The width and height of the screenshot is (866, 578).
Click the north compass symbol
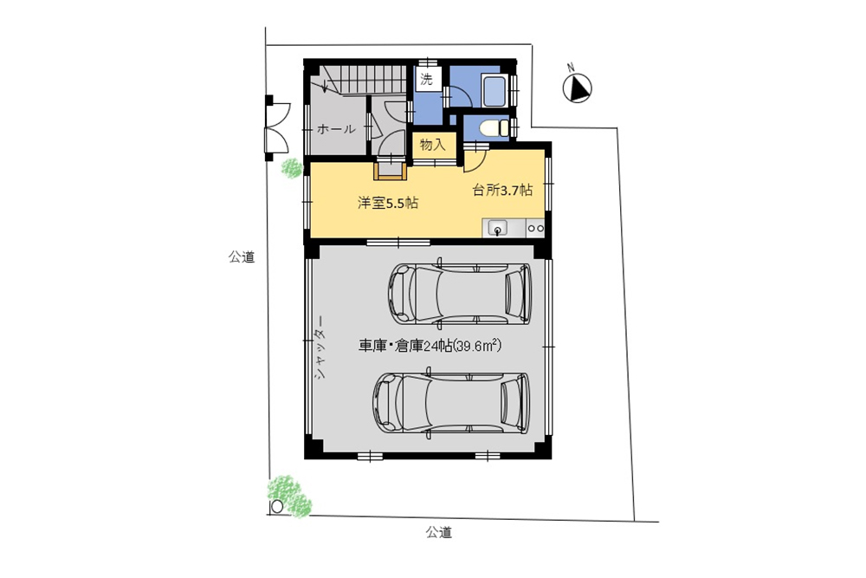577,88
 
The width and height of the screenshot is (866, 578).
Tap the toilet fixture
493,128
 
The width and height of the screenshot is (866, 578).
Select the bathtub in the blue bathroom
494,90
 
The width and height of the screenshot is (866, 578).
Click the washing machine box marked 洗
427,79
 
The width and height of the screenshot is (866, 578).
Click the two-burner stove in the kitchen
535,229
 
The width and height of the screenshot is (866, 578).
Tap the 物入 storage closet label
432,145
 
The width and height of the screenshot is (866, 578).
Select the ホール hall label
335,129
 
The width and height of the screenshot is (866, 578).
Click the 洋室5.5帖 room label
388,204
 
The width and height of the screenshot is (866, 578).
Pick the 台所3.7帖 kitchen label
501,190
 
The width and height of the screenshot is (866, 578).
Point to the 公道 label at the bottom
438,532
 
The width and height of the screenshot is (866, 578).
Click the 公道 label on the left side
242,257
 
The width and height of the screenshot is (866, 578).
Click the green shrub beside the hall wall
292,168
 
